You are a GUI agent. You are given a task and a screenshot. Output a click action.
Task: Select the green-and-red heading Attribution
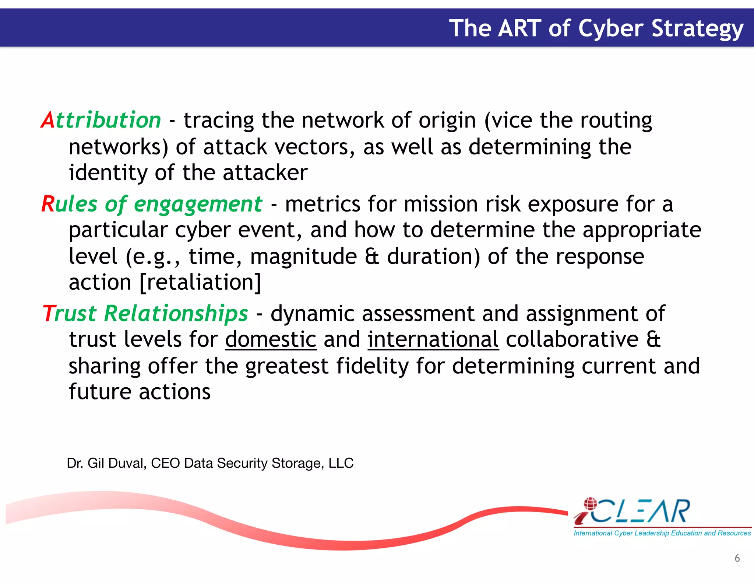(101, 120)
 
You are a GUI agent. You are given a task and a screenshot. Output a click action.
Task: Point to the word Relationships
(176, 314)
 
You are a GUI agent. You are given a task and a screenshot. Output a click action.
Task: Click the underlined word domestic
(271, 339)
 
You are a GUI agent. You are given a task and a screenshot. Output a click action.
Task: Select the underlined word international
(433, 339)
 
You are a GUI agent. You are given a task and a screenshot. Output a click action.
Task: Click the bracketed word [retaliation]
(201, 283)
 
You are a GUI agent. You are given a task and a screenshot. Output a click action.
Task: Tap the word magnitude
(303, 257)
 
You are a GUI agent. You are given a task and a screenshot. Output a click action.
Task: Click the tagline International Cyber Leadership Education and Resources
(662, 533)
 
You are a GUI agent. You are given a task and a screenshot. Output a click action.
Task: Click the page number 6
(737, 558)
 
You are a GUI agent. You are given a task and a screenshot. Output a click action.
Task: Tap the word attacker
(265, 173)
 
